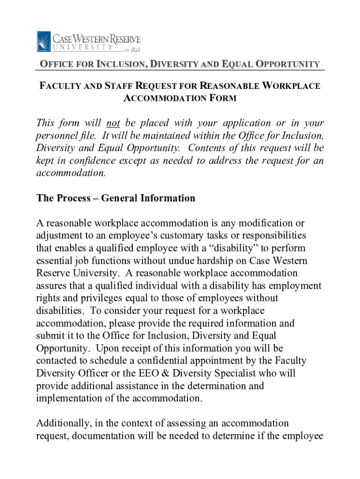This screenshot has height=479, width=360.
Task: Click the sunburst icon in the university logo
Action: tap(44, 42)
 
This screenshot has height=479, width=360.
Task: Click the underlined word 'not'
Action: tap(113, 123)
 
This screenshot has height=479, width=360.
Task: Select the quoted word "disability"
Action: tap(216, 248)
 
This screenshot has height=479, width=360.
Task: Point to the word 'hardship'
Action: tap(208, 261)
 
